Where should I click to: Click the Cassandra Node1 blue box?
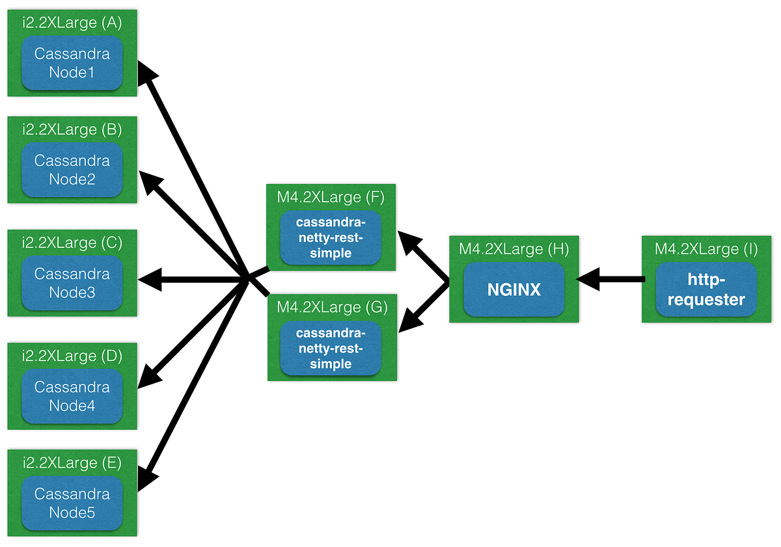72,63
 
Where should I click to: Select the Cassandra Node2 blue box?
72,170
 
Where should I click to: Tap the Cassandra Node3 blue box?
72,283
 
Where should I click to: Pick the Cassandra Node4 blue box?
72,396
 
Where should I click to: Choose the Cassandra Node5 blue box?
72,503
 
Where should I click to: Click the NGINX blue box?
514,289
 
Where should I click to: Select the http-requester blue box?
706,289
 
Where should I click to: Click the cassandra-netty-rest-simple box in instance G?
331,348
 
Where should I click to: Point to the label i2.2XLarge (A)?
72,23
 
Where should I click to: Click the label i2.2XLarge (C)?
72,243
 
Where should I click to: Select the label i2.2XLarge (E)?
72,462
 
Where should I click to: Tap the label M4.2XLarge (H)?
514,249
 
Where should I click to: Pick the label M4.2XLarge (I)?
706,249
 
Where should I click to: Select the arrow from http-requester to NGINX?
612,280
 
